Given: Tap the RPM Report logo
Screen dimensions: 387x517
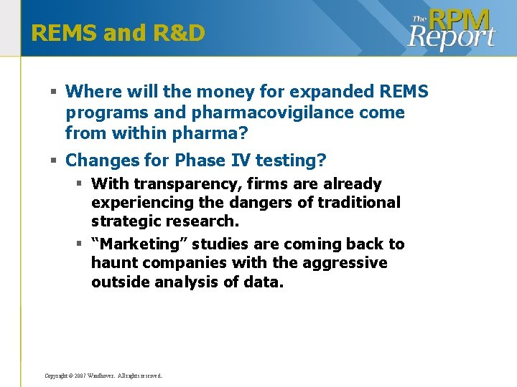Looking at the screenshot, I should [452, 29].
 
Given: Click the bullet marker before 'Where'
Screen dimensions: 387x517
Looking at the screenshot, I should [54, 92].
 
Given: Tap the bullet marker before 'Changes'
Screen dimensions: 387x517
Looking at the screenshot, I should [54, 159].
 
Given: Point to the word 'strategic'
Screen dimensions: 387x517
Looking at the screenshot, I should [126, 221].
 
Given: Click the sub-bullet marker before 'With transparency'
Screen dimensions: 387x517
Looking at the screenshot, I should [81, 184].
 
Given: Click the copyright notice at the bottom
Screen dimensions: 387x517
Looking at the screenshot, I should [103, 376].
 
